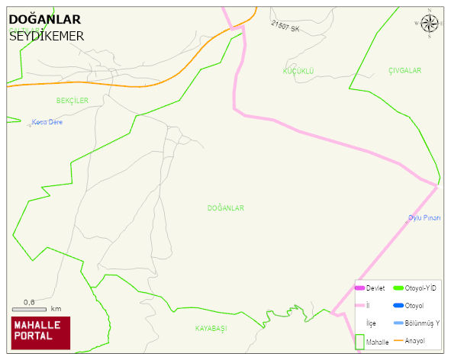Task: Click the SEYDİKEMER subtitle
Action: (x=47, y=35)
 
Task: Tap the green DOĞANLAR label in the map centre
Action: (x=225, y=207)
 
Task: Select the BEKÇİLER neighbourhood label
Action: (x=72, y=100)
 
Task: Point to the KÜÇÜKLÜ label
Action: (x=298, y=71)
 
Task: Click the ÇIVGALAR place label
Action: (x=404, y=71)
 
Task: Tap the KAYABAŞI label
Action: (x=211, y=328)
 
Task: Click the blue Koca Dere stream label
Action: (x=47, y=122)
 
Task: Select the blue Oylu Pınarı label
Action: (x=424, y=218)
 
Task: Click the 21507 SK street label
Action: (x=285, y=27)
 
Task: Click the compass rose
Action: (x=430, y=24)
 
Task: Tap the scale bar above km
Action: (x=29, y=309)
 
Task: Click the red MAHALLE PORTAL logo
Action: (x=40, y=333)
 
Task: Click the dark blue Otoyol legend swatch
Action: (x=398, y=306)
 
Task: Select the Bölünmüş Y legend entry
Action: (x=421, y=323)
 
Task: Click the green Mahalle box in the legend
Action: (x=359, y=342)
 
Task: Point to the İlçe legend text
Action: (x=371, y=323)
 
